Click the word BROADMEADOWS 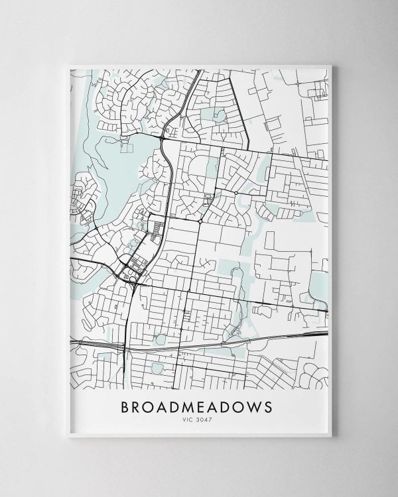(x=196, y=406)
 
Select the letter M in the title (x=186, y=406)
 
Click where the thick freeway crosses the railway (x=126, y=346)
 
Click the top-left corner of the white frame (x=68, y=65)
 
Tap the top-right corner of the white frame (x=330, y=65)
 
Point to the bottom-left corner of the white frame (x=68, y=436)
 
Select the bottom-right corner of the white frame (x=330, y=436)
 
